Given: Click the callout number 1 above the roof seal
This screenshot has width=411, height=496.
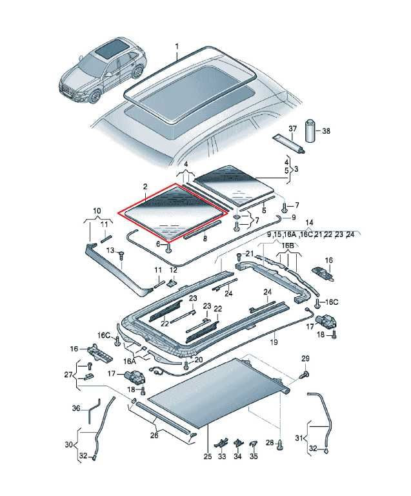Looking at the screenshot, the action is coord(177,46).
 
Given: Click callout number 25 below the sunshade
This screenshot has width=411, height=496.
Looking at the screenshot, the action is coord(208,457).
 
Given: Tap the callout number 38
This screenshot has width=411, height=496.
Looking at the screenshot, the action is coord(326,130).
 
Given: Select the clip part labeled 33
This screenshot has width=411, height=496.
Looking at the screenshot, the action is coord(222,442).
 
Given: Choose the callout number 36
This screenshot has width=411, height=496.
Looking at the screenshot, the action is coord(76,408).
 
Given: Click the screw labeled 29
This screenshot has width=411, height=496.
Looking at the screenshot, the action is coord(305,375).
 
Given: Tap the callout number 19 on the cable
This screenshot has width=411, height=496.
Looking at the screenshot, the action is coord(274,342).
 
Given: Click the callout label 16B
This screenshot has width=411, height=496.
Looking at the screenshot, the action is coord(288,246).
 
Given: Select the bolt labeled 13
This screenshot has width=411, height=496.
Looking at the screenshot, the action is coord(121,254).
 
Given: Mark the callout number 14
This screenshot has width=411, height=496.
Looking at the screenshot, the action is coord(308,222).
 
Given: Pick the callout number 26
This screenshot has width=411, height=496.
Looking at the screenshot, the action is coord(154,435).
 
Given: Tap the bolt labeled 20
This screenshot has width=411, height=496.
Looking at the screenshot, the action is coord(186,365).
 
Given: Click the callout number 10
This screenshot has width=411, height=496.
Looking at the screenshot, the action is coord(97,211).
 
